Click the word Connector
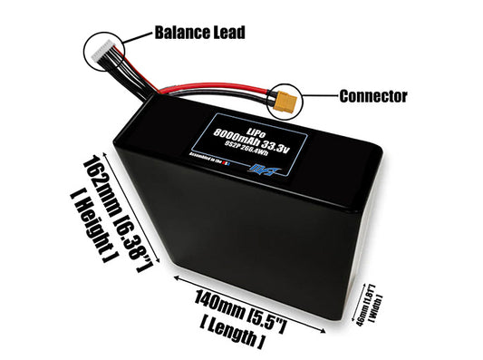point(373,94)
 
